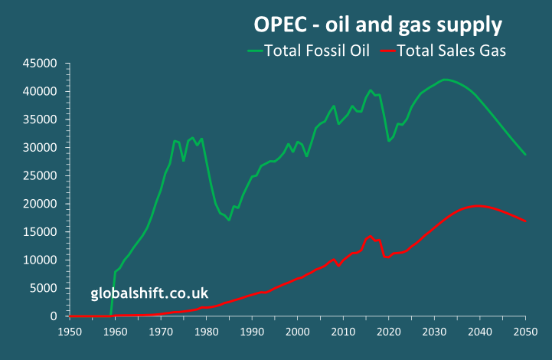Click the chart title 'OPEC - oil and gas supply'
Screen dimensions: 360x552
pos(377,25)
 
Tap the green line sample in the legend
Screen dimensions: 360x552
pos(254,52)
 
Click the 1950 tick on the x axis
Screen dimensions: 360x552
pos(69,332)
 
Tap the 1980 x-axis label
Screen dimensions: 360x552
pos(206,332)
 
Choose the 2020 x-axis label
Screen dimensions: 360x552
pos(389,332)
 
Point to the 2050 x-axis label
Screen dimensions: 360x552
pos(526,332)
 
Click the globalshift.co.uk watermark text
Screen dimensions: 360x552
pos(149,293)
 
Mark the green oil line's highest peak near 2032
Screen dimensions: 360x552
pos(444,79)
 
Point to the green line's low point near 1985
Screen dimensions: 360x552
pos(229,220)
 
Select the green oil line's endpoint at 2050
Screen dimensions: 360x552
pos(526,155)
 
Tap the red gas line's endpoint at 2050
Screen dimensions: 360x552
pos(526,221)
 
